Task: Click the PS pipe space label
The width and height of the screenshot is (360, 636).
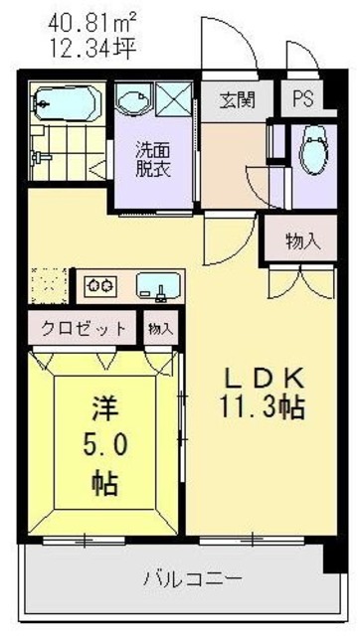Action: point(301,99)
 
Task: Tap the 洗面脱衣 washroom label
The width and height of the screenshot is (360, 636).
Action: point(153,159)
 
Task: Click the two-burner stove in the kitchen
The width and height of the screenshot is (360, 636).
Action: point(100,286)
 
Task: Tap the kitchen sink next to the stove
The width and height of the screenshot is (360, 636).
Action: point(154,286)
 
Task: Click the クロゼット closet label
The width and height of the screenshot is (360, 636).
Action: point(84,328)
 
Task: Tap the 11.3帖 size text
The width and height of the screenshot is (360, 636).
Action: point(260,407)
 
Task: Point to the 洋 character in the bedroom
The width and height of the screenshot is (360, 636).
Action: point(105,407)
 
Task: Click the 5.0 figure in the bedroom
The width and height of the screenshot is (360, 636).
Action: point(105,445)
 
